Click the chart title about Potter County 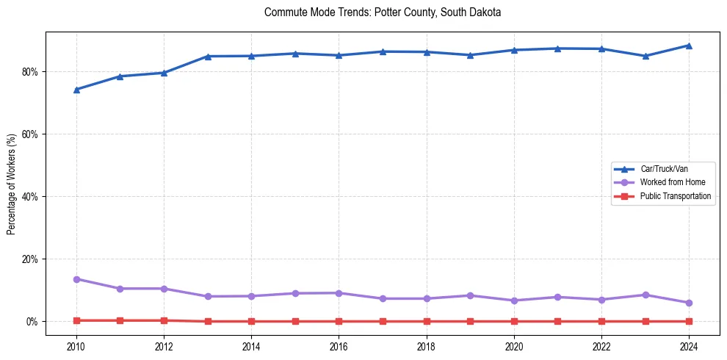click(x=383, y=12)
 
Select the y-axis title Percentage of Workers click(x=12, y=184)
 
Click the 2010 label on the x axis click(x=76, y=347)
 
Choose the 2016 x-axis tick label click(x=339, y=347)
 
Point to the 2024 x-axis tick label click(x=689, y=347)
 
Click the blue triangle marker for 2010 click(x=76, y=90)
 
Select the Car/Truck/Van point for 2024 click(x=689, y=46)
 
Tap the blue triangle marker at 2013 click(x=208, y=56)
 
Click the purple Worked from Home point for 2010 click(x=76, y=279)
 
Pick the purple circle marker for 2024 click(x=689, y=303)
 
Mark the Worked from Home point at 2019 click(x=470, y=295)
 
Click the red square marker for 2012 click(x=164, y=320)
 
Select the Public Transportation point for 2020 click(x=514, y=321)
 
